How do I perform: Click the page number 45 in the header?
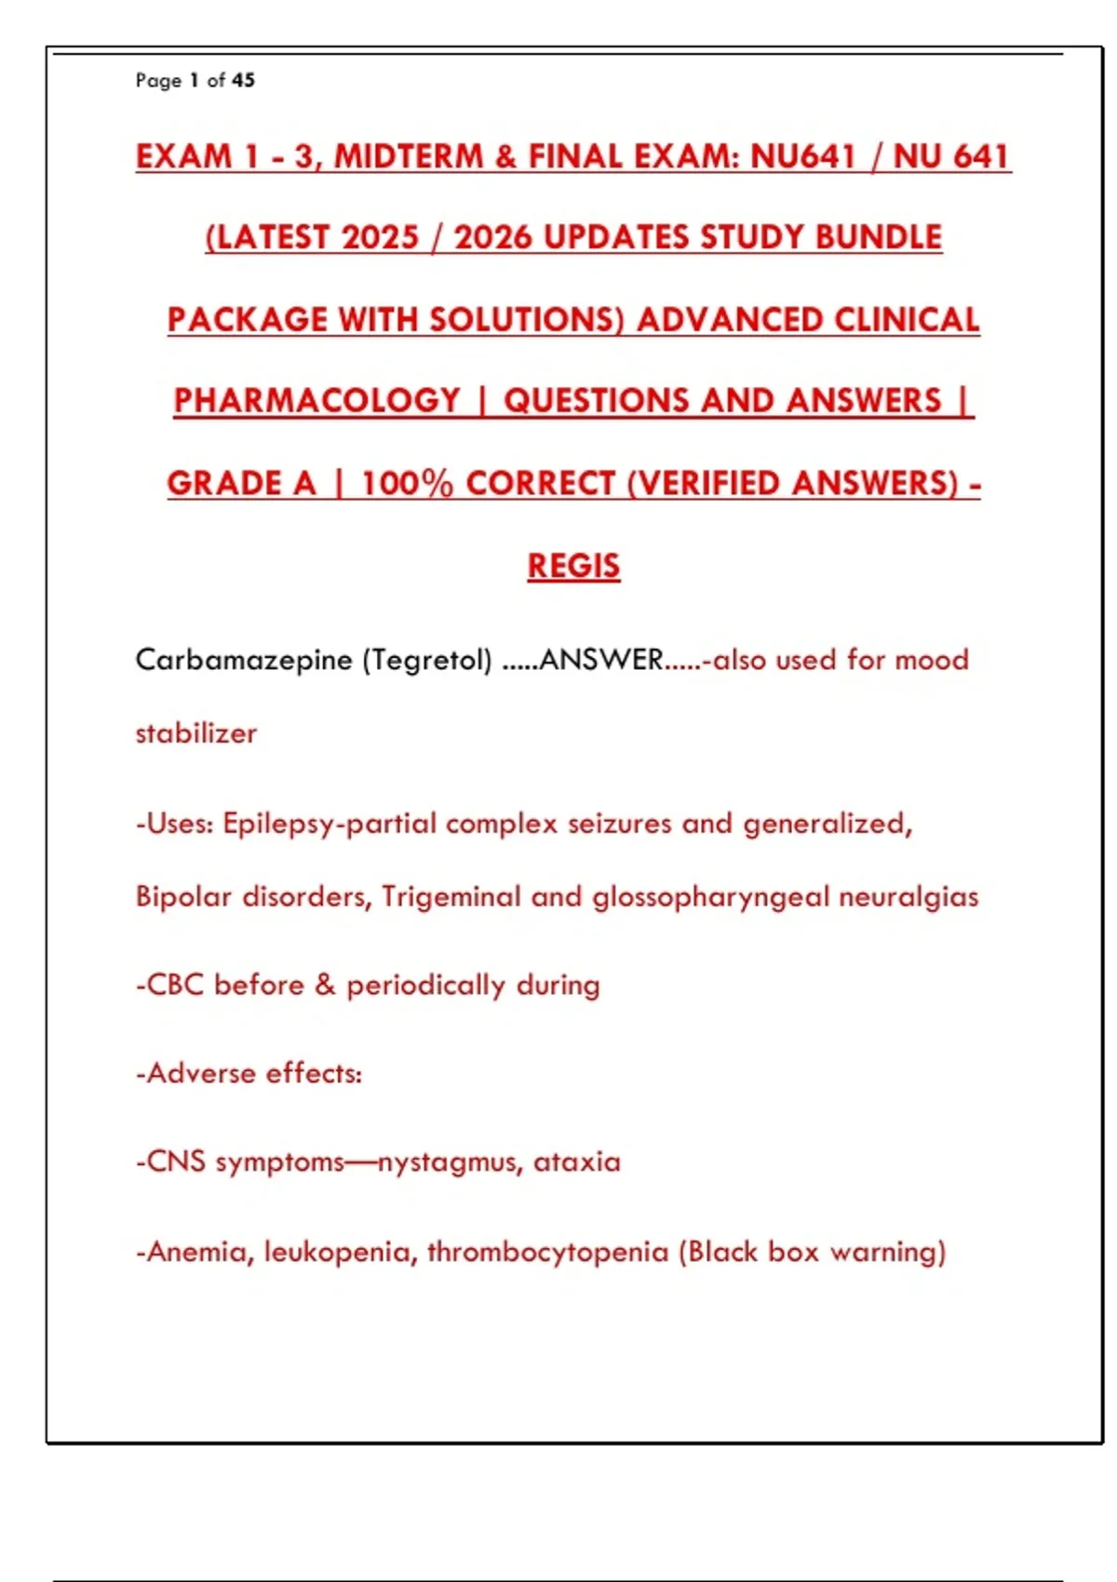(x=243, y=81)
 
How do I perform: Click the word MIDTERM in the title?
(x=408, y=156)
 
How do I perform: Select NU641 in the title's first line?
(x=802, y=156)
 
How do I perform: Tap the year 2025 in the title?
(x=380, y=238)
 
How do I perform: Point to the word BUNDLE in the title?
(x=879, y=238)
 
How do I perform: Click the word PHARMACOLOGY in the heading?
(x=316, y=401)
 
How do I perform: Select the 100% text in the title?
(x=407, y=484)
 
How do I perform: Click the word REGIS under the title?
(x=573, y=566)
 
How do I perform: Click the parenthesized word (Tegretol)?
(x=427, y=661)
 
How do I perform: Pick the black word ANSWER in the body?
(x=600, y=661)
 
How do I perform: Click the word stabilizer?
(x=195, y=734)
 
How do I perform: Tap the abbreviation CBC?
(x=175, y=985)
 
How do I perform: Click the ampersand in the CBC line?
(x=325, y=985)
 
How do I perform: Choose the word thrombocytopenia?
(x=547, y=1253)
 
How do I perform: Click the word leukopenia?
(x=337, y=1253)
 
